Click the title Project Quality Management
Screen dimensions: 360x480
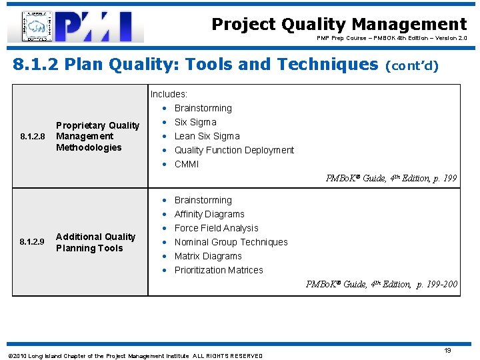click(x=339, y=25)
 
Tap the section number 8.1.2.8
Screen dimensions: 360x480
click(x=32, y=137)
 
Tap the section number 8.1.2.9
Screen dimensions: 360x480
click(x=32, y=242)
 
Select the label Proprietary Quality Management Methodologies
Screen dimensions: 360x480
click(x=97, y=136)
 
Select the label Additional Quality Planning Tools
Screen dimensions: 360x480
click(x=95, y=242)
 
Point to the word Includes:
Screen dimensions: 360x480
click(x=169, y=95)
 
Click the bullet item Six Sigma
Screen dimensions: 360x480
click(x=195, y=122)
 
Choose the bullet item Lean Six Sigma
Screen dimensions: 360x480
click(x=207, y=136)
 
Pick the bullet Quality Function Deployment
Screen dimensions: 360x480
click(x=233, y=150)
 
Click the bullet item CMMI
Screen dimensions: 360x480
click(x=187, y=164)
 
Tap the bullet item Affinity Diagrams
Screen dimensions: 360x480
click(x=209, y=214)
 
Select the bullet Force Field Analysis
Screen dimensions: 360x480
click(x=216, y=228)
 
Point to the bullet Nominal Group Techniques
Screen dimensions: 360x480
click(x=231, y=242)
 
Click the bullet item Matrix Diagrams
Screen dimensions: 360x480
click(x=208, y=256)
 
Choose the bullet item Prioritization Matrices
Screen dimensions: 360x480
click(x=219, y=270)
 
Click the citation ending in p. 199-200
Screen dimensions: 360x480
click(x=381, y=285)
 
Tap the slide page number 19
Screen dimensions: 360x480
click(x=447, y=350)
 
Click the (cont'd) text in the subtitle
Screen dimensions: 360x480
click(x=412, y=66)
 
